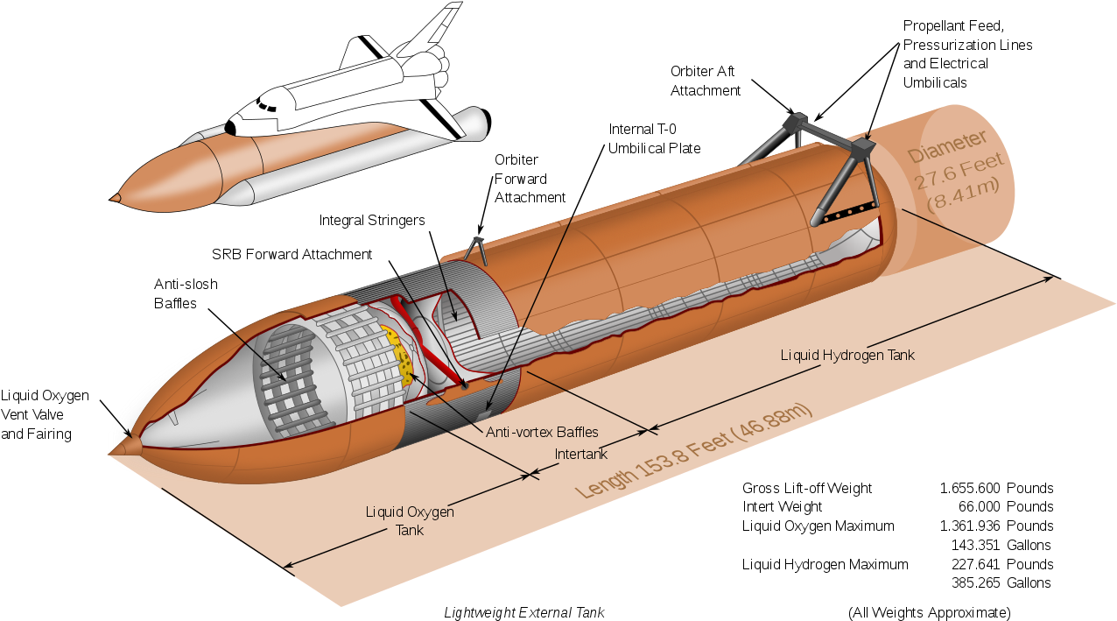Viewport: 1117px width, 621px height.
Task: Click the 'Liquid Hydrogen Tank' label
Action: tap(847, 355)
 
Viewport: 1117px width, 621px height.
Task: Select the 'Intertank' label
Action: tap(581, 454)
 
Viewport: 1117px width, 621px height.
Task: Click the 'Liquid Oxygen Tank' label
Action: tap(410, 520)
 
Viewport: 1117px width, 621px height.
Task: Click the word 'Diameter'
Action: tap(947, 147)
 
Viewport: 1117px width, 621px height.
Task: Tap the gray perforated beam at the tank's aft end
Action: tap(846, 212)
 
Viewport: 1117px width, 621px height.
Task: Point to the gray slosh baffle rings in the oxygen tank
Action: tap(289, 377)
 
